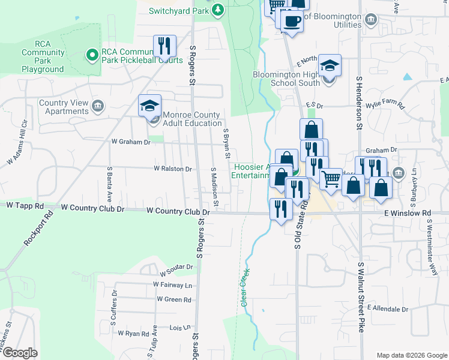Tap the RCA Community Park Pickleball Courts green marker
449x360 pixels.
(92, 55)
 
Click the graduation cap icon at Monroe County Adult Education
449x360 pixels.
(149, 106)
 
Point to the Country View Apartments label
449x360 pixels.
(64, 107)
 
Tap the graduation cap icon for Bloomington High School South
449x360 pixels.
(330, 65)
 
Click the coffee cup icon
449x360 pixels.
(292, 20)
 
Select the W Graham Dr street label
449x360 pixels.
(131, 142)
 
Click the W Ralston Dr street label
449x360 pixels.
(172, 169)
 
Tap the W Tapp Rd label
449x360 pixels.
(25, 205)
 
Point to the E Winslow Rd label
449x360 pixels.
(410, 213)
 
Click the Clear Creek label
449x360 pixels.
(245, 288)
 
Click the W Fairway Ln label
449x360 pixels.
(172, 285)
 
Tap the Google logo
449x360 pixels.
(20, 353)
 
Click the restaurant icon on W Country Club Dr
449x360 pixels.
(280, 209)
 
